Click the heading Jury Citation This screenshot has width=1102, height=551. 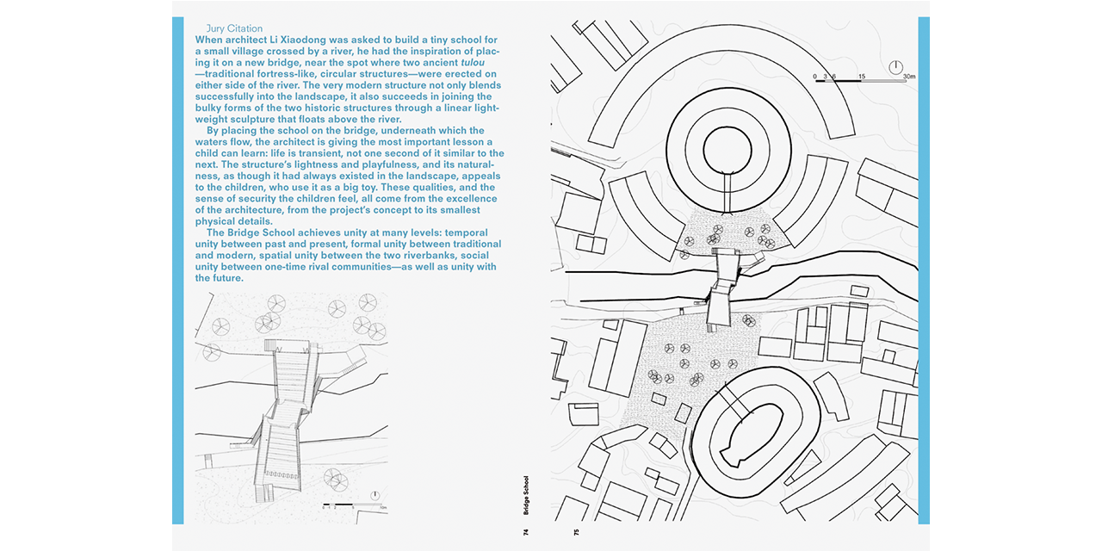(234, 28)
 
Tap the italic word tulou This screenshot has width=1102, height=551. (473, 63)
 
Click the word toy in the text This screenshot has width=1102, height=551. (369, 188)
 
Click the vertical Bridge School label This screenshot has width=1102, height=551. (526, 495)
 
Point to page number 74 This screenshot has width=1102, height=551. (526, 532)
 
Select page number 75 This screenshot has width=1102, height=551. (576, 532)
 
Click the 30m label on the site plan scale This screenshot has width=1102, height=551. (909, 77)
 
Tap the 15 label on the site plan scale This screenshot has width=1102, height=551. (862, 77)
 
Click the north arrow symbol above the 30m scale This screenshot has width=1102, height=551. (896, 67)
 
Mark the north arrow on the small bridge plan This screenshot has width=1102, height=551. (375, 495)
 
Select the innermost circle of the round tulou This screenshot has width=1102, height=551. (727, 150)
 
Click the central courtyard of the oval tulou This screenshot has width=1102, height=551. (755, 435)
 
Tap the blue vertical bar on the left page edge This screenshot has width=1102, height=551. (178, 270)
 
